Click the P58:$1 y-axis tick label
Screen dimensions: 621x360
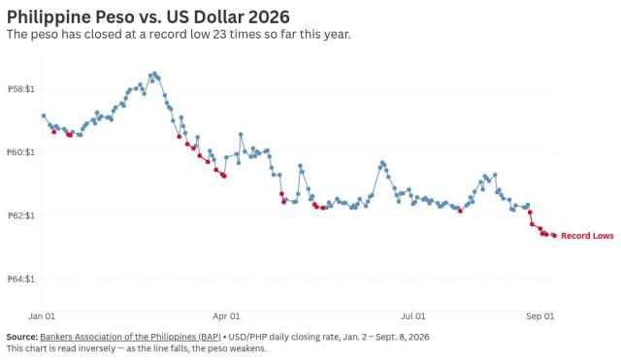click(21, 89)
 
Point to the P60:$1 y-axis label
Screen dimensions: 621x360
click(21, 152)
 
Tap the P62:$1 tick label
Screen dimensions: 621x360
click(21, 215)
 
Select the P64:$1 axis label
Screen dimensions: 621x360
click(21, 278)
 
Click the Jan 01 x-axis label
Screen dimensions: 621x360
click(42, 316)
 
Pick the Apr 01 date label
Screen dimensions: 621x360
click(226, 316)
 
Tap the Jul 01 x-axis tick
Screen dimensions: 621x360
click(412, 316)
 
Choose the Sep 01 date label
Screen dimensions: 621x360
click(539, 316)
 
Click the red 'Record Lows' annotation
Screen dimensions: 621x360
click(587, 236)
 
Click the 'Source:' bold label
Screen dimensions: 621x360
click(21, 337)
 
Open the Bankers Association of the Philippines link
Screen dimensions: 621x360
click(130, 337)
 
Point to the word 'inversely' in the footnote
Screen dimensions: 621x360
click(95, 348)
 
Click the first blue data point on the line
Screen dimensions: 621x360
click(44, 115)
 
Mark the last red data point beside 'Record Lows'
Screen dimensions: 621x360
click(554, 236)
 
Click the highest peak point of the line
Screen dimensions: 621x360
click(154, 74)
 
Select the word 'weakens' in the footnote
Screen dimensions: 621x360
click(250, 348)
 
